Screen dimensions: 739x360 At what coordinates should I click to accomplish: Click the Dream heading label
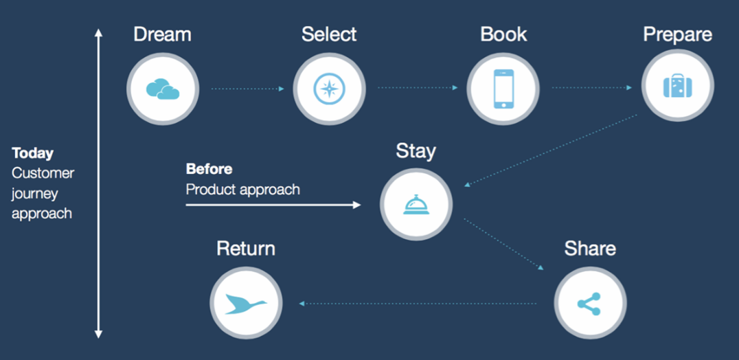click(162, 35)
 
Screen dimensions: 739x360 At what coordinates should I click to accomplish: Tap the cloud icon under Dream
click(163, 89)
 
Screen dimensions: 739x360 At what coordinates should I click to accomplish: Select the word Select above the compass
click(329, 35)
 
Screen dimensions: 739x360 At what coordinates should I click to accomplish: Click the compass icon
click(330, 89)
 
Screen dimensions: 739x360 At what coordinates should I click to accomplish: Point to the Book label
click(503, 35)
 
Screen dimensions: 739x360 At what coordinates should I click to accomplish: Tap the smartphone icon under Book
click(503, 89)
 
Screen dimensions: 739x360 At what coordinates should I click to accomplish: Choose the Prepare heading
click(678, 35)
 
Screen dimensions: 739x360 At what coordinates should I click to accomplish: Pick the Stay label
click(416, 151)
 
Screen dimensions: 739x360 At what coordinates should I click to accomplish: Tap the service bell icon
click(416, 205)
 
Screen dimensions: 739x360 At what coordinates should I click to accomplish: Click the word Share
click(590, 249)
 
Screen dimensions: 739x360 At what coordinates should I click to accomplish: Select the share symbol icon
click(589, 304)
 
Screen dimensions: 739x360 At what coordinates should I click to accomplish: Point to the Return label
click(246, 249)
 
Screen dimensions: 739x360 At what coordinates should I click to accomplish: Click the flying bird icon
click(246, 304)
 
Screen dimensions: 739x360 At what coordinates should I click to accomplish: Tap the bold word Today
click(32, 153)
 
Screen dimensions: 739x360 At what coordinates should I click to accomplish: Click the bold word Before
click(209, 169)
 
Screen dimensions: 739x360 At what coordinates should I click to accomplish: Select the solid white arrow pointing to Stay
click(273, 205)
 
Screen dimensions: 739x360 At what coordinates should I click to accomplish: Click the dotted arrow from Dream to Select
click(248, 89)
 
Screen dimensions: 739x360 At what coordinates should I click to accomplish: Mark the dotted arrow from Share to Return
click(418, 304)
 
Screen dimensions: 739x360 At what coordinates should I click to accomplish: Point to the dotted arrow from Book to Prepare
click(592, 88)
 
